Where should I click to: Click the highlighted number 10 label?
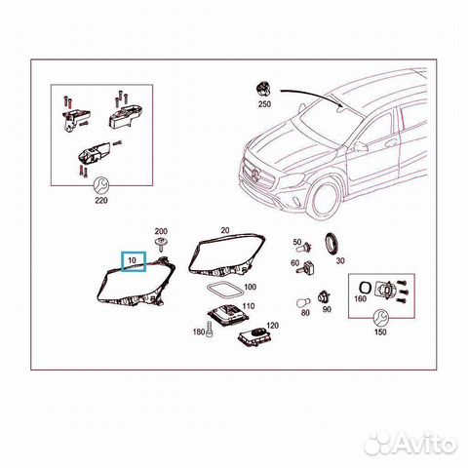(x=132, y=262)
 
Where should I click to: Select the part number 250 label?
(x=264, y=102)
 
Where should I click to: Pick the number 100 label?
(x=250, y=288)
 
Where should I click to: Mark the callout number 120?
(x=272, y=326)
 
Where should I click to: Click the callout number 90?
(x=327, y=310)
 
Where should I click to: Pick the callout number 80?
(x=304, y=313)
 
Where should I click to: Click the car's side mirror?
(x=360, y=146)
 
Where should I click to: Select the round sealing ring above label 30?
(x=332, y=243)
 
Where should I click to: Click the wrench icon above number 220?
(x=99, y=184)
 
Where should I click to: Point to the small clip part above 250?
(x=264, y=88)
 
